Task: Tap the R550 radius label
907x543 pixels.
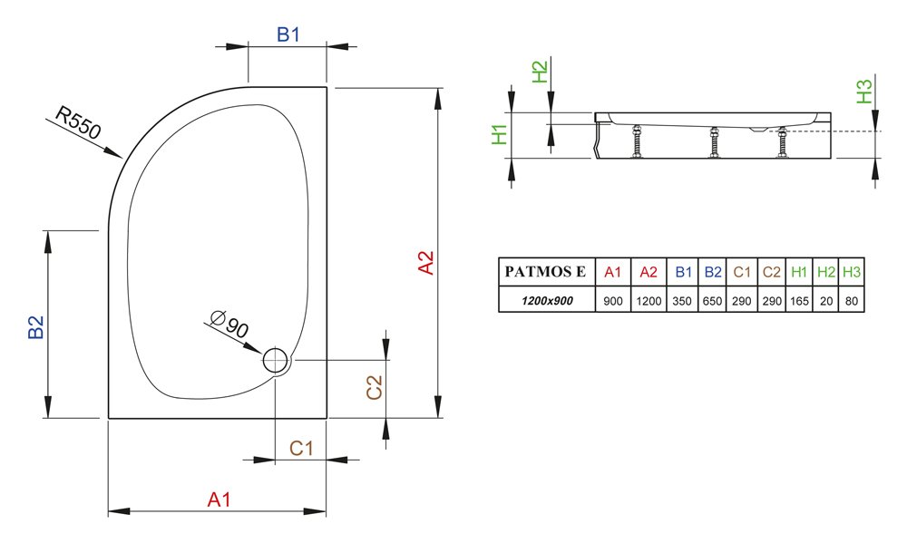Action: click(x=78, y=122)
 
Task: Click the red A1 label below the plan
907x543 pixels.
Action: click(x=219, y=499)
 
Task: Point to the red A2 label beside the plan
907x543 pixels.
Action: click(x=425, y=262)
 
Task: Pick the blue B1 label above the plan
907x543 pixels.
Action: click(x=288, y=34)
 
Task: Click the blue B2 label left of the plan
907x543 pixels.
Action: click(x=36, y=326)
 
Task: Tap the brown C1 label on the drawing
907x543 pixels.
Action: click(x=301, y=448)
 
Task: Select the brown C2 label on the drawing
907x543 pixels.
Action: click(x=375, y=387)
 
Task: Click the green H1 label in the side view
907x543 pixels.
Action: click(x=499, y=135)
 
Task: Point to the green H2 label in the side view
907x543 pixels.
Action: click(x=539, y=73)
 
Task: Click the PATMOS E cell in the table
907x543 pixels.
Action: click(x=545, y=272)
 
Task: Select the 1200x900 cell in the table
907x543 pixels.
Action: click(x=547, y=301)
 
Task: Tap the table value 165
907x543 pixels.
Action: click(x=799, y=301)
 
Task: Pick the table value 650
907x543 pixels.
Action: click(x=712, y=301)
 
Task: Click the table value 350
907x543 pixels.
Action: click(x=682, y=301)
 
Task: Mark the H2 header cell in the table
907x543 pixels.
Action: click(x=826, y=272)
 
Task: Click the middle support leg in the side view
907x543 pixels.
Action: click(x=715, y=142)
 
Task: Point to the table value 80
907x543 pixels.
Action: click(x=852, y=301)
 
